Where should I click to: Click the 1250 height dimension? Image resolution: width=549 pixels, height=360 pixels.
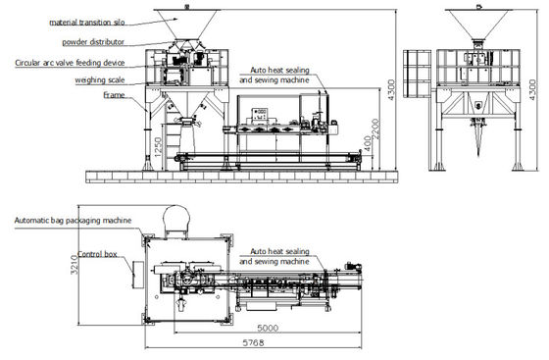pos(156,147)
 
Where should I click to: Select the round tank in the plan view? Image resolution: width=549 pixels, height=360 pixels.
pos(176,218)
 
